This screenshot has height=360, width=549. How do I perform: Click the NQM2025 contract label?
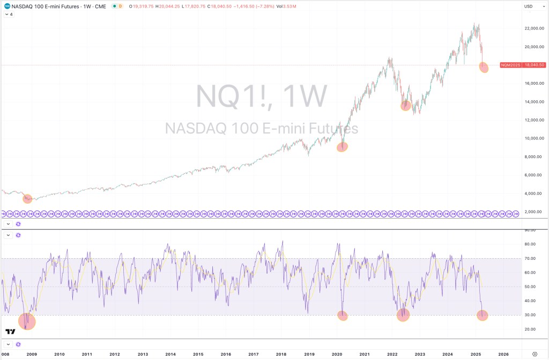[509, 65]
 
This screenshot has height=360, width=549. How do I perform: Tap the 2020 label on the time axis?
[337, 354]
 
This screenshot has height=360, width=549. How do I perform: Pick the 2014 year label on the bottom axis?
[170, 354]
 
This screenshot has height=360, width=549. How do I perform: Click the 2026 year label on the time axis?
[503, 354]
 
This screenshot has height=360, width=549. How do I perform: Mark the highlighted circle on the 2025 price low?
[484, 67]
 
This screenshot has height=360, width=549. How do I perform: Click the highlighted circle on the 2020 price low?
[342, 147]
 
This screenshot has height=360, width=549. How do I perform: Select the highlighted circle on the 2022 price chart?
[405, 105]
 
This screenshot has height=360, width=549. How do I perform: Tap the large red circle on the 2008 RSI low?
[27, 321]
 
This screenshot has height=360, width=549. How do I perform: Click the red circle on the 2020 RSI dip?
[343, 316]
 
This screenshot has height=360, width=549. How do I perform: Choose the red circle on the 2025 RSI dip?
[483, 316]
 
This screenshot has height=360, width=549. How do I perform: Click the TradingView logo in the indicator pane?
[10, 332]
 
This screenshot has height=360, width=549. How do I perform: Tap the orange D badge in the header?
[120, 6]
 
